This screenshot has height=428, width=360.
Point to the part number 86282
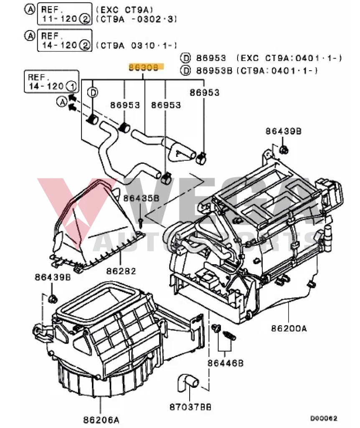pos(121,271)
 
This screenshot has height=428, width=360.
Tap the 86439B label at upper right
pos(283,131)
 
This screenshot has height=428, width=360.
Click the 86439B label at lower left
pos(53,277)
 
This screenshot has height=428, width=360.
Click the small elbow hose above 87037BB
pos(186,382)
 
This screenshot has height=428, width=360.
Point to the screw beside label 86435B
pos(141,220)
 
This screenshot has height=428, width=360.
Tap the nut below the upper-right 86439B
pos(284,149)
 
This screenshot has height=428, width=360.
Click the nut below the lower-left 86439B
pos(53,298)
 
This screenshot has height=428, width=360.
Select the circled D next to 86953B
pos(185,70)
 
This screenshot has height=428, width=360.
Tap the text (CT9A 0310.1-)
pos(137,46)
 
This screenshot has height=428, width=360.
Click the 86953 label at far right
pos(204,92)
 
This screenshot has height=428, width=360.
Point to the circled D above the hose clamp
pos(93,92)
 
